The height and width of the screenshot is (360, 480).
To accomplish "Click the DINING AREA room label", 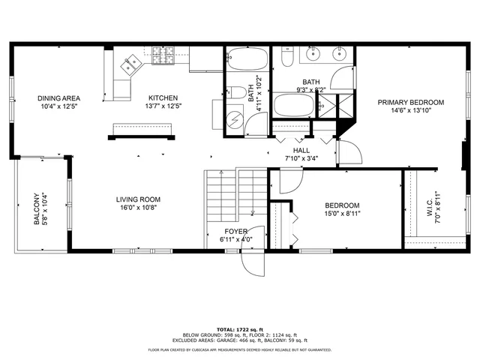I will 59,98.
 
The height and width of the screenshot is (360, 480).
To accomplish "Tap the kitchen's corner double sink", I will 131,66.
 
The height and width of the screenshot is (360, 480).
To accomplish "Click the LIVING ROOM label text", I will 138,199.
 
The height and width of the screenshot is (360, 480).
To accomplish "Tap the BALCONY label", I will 37,208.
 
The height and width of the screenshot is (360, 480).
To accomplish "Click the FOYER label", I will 236,231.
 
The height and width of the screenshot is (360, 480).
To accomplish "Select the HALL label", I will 296,149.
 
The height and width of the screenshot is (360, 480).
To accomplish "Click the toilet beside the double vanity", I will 286,57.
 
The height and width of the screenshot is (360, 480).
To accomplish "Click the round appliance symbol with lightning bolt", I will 235,119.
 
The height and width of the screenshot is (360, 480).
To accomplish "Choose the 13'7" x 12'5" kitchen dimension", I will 163,106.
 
